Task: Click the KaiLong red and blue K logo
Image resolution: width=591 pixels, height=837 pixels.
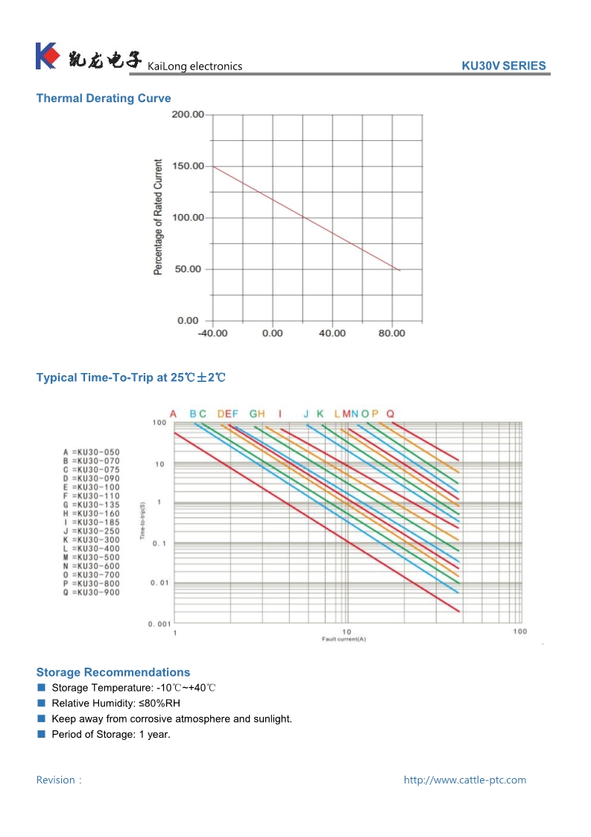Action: point(46,57)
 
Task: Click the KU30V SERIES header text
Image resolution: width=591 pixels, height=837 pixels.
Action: point(504,66)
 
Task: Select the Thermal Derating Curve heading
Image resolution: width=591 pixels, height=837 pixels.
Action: point(104,98)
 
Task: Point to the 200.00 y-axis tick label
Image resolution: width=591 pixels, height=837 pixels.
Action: point(188,115)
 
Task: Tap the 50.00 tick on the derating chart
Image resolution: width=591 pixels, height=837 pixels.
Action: point(188,269)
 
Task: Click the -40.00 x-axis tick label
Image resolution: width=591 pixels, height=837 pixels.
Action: point(212,333)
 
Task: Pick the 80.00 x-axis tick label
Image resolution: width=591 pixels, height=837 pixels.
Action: point(391,333)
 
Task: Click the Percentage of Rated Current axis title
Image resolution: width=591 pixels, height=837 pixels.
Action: point(158,217)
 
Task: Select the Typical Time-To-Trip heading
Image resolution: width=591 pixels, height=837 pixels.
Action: point(130,377)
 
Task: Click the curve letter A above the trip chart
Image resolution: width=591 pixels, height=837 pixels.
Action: point(173,414)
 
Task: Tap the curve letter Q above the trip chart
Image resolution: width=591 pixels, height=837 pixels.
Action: point(390,414)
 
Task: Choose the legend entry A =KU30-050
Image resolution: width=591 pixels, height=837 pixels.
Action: point(92,452)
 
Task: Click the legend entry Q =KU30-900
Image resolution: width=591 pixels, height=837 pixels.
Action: point(92,592)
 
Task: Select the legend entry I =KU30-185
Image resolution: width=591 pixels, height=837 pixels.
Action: point(92,522)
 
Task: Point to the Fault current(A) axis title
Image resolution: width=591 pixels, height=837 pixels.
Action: point(344,639)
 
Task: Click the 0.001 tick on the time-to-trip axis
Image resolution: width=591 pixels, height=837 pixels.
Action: point(159,624)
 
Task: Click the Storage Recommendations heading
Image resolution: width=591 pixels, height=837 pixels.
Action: point(113,672)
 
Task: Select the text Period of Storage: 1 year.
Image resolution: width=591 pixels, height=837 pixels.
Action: point(111,735)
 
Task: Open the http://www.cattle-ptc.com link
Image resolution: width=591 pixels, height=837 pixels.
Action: point(464,780)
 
